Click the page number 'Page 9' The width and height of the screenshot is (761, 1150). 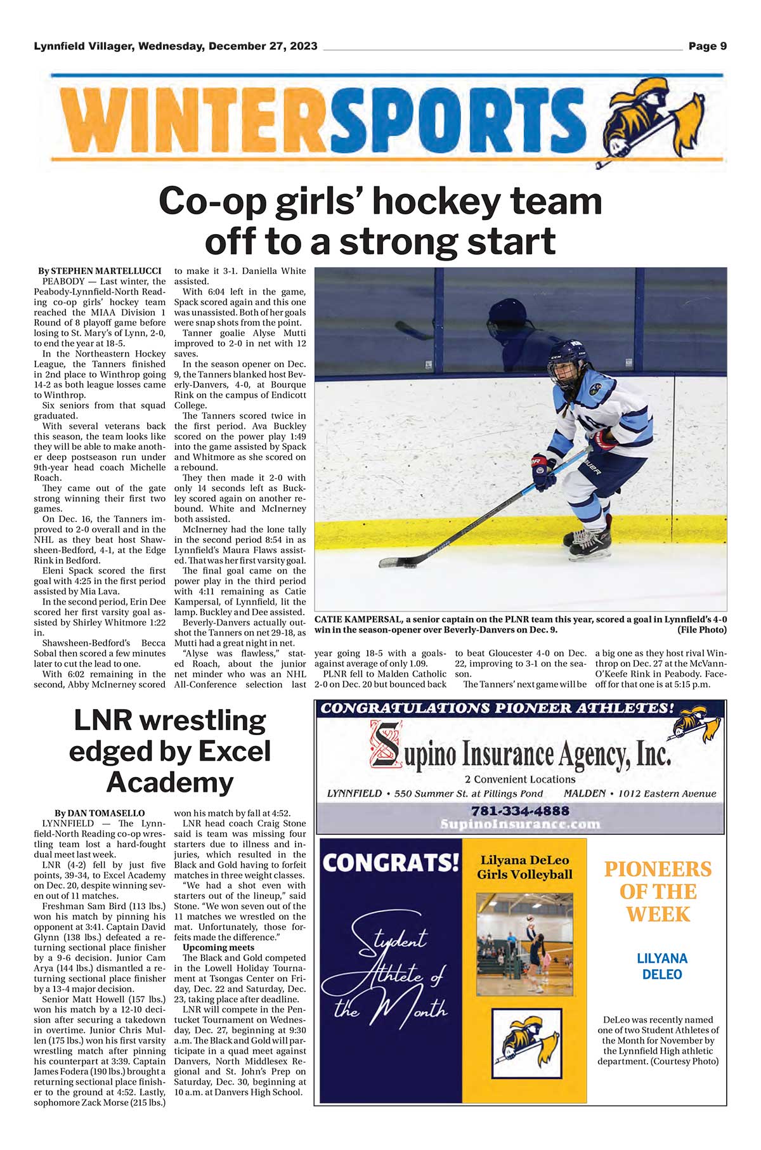coord(707,46)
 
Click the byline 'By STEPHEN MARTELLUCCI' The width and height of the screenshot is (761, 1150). coord(100,271)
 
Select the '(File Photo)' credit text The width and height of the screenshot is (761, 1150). coord(701,630)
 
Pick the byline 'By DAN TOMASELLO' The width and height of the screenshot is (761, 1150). coord(100,813)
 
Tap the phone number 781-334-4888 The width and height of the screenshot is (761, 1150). coord(520,811)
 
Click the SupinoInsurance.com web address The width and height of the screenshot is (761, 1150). coord(520,824)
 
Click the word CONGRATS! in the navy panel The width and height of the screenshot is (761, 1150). coord(391,863)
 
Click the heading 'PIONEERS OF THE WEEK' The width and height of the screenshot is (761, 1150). coord(658,891)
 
